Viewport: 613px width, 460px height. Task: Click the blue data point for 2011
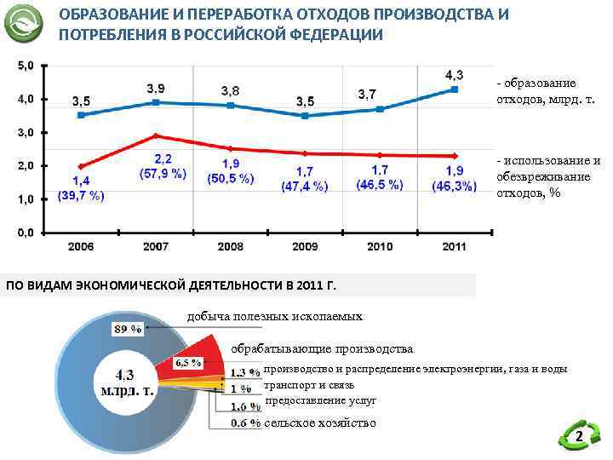[455, 89]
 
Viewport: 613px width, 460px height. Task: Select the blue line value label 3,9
[156, 88]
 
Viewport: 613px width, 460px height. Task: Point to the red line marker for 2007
[155, 135]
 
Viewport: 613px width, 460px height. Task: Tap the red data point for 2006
[81, 166]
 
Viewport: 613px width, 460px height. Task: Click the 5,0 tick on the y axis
[26, 66]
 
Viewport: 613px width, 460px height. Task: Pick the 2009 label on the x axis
[305, 246]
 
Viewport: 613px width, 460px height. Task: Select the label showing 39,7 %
[81, 195]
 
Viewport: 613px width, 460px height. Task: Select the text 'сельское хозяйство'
[319, 423]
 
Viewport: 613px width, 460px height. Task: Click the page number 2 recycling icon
[579, 438]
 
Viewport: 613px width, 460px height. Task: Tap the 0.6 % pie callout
[245, 423]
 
